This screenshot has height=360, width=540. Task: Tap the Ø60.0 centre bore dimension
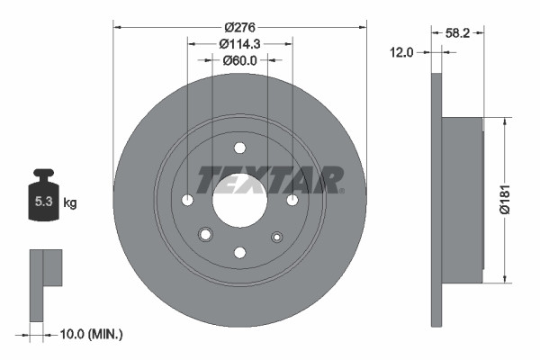coord(239,60)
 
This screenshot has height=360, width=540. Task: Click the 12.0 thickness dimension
coord(401,52)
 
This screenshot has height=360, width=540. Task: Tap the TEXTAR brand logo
coord(270,179)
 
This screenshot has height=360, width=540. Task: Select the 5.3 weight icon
coord(43,200)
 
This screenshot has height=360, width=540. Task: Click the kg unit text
coord(70,202)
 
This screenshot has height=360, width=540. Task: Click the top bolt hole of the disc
coord(239,148)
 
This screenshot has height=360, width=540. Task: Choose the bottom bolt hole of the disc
coord(239,252)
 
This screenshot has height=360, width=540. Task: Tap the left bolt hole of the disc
coord(187,200)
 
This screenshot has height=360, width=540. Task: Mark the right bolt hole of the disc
coord(292,200)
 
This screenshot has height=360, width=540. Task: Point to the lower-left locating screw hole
coord(205,235)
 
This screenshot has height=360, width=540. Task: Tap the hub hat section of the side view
coord(463,195)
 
